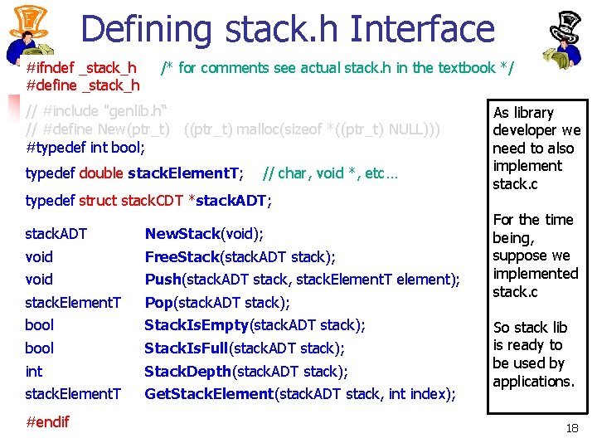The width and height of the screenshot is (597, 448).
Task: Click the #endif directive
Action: click(x=48, y=421)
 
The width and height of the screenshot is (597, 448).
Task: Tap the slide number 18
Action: click(x=571, y=428)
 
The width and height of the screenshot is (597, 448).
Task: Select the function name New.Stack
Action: click(x=182, y=234)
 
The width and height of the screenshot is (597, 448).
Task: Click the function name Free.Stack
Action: click(x=182, y=256)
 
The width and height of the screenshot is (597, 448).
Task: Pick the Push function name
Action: click(x=163, y=279)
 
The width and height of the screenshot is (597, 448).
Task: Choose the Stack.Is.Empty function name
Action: click(x=197, y=324)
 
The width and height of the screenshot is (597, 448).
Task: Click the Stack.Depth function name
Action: click(x=188, y=371)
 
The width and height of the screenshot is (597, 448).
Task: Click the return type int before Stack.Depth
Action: click(x=34, y=371)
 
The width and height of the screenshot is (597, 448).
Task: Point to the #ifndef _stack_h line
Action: click(x=81, y=67)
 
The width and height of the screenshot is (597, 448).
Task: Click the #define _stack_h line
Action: click(x=83, y=85)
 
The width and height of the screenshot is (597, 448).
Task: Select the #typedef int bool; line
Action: click(x=85, y=148)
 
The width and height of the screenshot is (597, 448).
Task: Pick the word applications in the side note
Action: click(x=533, y=382)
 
